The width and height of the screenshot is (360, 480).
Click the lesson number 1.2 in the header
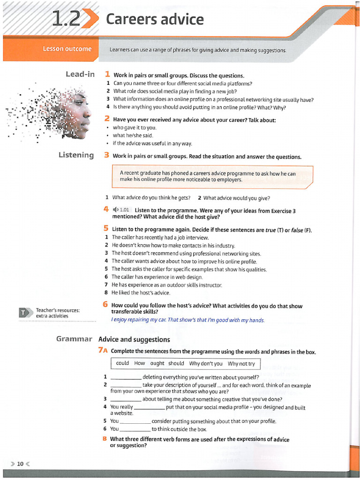click(66, 19)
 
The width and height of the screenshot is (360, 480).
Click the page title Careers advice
click(155, 20)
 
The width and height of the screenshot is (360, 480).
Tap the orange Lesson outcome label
click(67, 49)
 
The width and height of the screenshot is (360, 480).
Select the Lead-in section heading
click(80, 74)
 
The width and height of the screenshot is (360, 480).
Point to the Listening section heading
click(76, 155)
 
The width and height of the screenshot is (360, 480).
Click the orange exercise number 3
click(107, 156)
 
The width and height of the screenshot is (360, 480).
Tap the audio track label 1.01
click(124, 210)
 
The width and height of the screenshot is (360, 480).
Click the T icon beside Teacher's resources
click(24, 313)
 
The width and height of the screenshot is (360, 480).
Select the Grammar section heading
click(74, 338)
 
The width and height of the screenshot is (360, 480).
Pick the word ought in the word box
click(157, 363)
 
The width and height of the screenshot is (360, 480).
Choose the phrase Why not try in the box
click(241, 363)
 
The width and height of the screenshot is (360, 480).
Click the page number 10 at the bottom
click(20, 464)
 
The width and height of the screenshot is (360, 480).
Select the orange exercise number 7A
click(103, 351)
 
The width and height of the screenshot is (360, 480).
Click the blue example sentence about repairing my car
click(187, 320)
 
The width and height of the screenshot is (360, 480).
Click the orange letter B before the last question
click(105, 439)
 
